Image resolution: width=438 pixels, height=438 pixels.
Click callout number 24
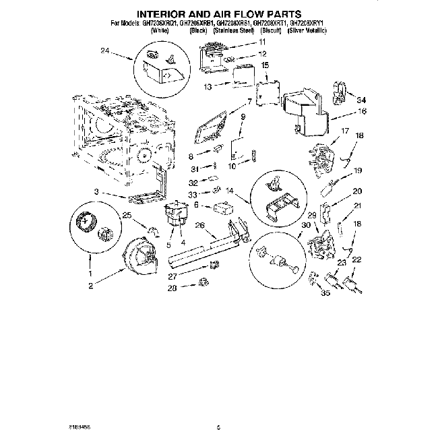(x=104, y=51)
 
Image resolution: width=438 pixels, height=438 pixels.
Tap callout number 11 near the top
(x=262, y=42)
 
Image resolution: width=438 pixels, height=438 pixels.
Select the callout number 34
(x=361, y=101)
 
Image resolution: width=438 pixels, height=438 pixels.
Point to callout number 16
(x=362, y=111)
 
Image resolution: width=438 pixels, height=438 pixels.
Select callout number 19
(x=358, y=170)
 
